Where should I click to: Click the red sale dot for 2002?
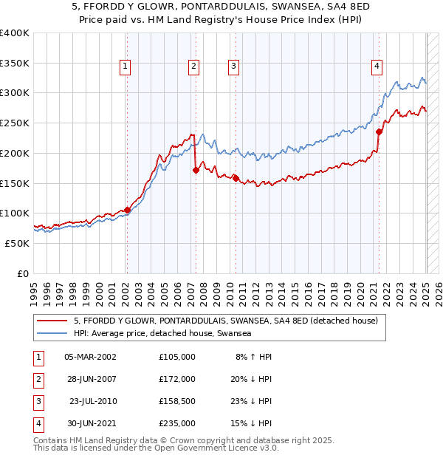(127, 210)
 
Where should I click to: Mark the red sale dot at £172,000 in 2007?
(196, 170)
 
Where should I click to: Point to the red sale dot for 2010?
(236, 177)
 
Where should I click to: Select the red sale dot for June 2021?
(379, 131)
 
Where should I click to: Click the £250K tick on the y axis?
(15, 123)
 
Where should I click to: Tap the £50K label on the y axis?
(17, 243)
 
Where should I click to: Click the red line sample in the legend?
(52, 321)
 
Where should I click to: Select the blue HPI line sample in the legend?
(52, 334)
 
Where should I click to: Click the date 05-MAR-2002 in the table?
(91, 357)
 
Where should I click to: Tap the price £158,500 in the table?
(177, 401)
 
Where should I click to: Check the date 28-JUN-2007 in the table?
(91, 379)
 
